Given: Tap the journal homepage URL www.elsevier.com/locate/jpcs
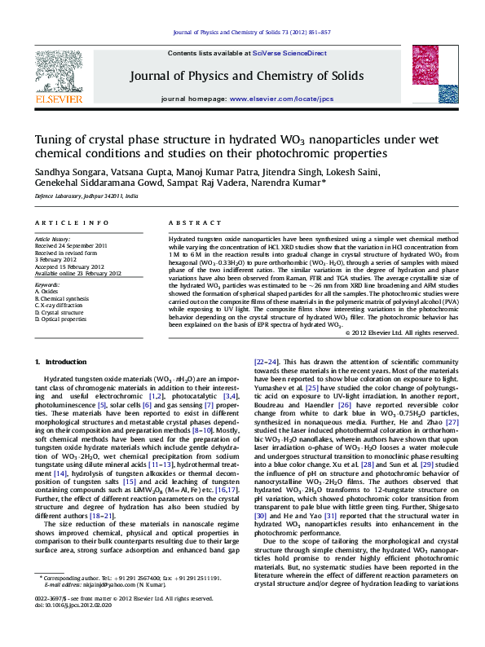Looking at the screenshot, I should [x=282, y=99].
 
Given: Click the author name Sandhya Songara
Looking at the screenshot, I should [x=65, y=173].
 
